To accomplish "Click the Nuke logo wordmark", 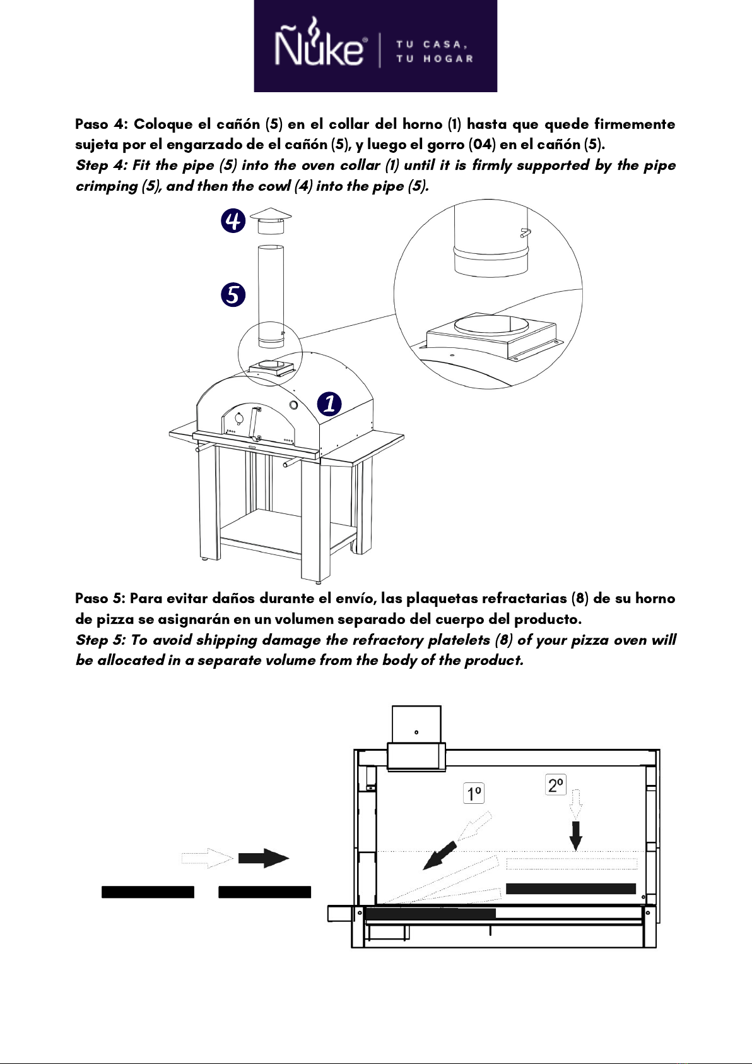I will tap(320, 47).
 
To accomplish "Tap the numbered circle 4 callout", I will tap(233, 220).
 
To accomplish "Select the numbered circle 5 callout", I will tap(233, 295).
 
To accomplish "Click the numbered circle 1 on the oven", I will tap(329, 403).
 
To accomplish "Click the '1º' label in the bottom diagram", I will tap(474, 793).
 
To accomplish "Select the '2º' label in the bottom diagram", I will tap(556, 785).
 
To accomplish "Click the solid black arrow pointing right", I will tap(263, 858).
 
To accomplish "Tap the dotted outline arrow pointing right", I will tap(208, 858).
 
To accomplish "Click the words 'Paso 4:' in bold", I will tap(102, 124).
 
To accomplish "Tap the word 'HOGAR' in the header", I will tap(448, 59).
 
